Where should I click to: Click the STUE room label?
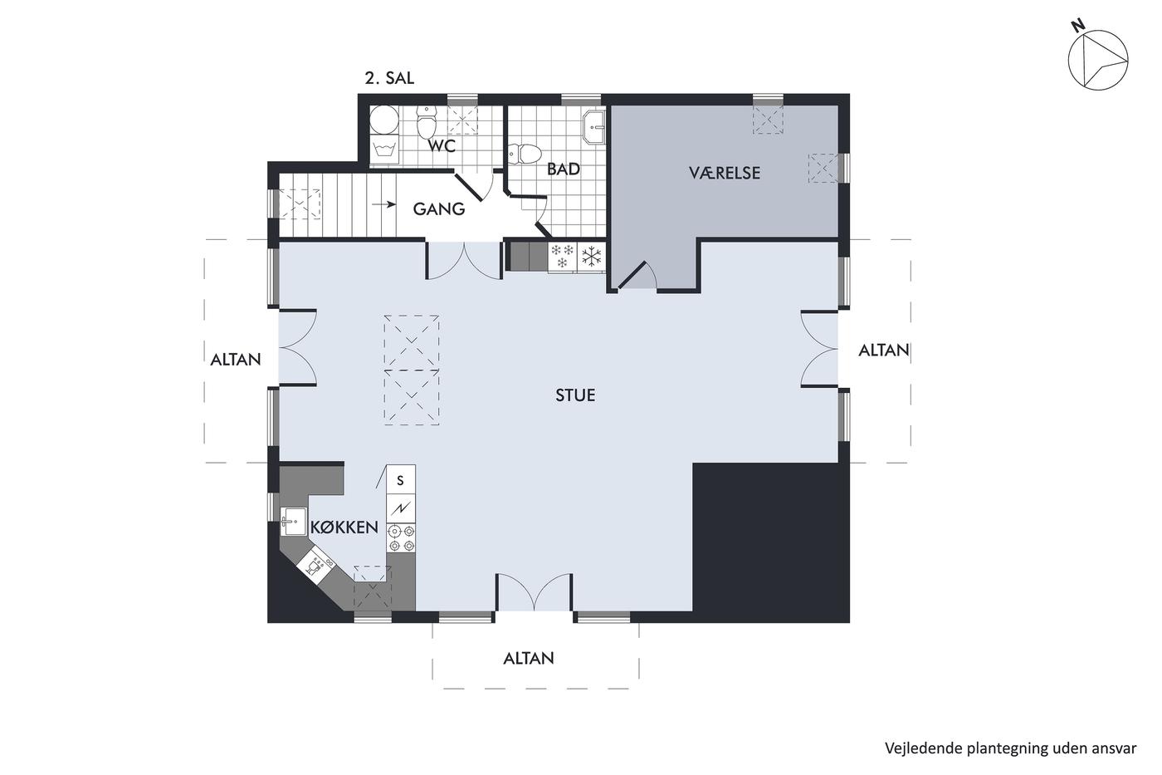point(574,395)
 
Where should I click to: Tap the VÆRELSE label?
point(724,173)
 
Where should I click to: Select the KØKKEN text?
point(344,527)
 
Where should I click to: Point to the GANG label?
point(438,209)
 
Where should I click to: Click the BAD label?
point(564,169)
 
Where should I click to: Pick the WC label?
point(442,146)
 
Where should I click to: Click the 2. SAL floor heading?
point(389,78)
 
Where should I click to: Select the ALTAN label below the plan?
point(529,658)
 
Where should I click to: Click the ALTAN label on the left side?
point(235,359)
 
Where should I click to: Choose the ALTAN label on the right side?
point(883,351)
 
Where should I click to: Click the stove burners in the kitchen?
point(401,538)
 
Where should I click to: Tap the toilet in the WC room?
point(427,121)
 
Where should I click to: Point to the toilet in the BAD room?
point(524,154)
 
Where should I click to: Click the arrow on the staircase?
point(383,204)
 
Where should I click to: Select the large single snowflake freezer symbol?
point(591,257)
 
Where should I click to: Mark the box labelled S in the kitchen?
point(400,479)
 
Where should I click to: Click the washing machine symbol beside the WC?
point(383,150)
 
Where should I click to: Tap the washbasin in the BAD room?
point(594,126)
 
